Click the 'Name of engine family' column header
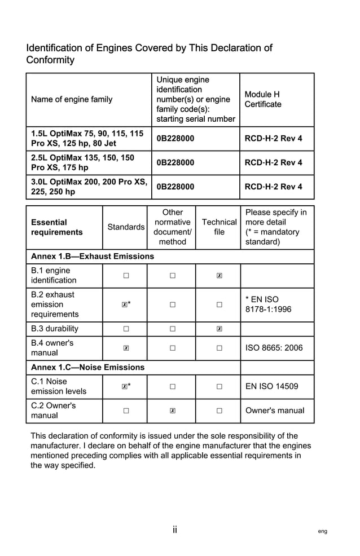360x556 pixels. pyautogui.click(x=72, y=99)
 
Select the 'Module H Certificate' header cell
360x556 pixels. pyautogui.click(x=262, y=99)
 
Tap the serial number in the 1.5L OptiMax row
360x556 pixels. pyautogui.click(x=175, y=138)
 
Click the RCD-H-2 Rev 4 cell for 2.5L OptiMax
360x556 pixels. pyautogui.click(x=273, y=162)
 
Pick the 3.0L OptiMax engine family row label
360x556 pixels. pyautogui.click(x=89, y=187)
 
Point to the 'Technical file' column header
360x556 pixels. pyautogui.click(x=219, y=227)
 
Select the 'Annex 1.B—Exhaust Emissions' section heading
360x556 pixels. pyautogui.click(x=93, y=257)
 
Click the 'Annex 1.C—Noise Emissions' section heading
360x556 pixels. pyautogui.click(x=87, y=367)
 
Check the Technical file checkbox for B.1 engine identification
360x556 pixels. pyautogui.click(x=219, y=276)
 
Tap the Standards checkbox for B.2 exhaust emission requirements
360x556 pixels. pyautogui.click(x=125, y=305)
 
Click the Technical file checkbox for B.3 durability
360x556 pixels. pyautogui.click(x=219, y=329)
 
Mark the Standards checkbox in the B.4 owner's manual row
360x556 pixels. pyautogui.click(x=126, y=348)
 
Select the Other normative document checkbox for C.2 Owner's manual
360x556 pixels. pyautogui.click(x=172, y=411)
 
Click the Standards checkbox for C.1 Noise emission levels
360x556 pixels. pyautogui.click(x=125, y=386)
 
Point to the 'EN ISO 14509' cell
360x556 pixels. pyautogui.click(x=272, y=386)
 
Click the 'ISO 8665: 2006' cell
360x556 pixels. pyautogui.click(x=274, y=348)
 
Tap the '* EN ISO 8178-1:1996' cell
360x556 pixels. pyautogui.click(x=269, y=305)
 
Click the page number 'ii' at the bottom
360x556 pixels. pyautogui.click(x=175, y=529)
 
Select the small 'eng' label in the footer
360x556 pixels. pyautogui.click(x=322, y=531)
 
